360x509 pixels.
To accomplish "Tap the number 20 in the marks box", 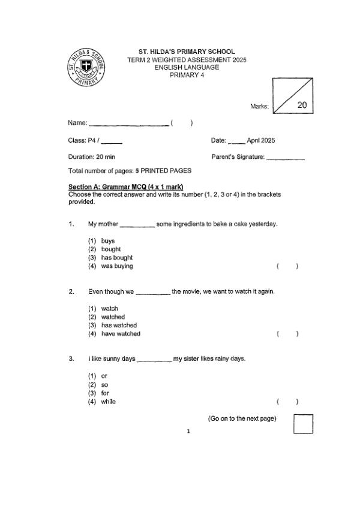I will coord(302,104).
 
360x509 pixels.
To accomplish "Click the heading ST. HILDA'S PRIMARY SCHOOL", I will coord(187,52).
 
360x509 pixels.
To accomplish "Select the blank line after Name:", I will coord(128,125).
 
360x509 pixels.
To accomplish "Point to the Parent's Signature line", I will coord(285,159).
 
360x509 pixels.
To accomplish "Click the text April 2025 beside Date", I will coord(261,140).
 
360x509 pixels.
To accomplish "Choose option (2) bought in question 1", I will coord(110,249).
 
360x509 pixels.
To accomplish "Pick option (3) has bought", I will coord(116,257).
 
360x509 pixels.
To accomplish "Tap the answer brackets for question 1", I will coord(287,266).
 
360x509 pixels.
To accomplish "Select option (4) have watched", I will coord(120,333).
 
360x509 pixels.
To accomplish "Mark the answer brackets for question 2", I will coord(287,334).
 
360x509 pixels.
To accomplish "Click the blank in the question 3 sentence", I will coord(154,360).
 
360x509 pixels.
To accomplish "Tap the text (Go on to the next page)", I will coord(242,418).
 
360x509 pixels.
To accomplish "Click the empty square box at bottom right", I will coord(303,423).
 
